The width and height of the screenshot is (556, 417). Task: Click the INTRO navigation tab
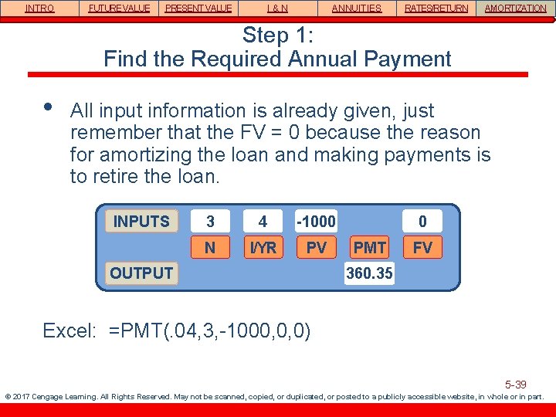(x=39, y=8)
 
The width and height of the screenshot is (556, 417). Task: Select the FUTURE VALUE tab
(x=119, y=8)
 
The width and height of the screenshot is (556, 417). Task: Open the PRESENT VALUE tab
(x=198, y=8)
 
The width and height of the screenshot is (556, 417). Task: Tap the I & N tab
(x=277, y=8)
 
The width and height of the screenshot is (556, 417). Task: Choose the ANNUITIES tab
(x=356, y=8)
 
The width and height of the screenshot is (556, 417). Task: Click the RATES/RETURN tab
(x=436, y=8)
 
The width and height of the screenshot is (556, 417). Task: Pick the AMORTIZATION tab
(x=515, y=8)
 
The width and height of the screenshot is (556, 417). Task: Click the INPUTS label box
(x=141, y=222)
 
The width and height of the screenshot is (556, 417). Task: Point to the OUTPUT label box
(x=141, y=273)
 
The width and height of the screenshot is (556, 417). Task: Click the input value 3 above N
(x=210, y=222)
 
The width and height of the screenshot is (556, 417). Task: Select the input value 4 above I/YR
(x=263, y=222)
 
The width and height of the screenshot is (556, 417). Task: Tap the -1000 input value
(x=317, y=222)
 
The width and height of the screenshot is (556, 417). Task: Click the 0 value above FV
(x=422, y=222)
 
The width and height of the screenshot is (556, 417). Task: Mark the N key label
(x=210, y=247)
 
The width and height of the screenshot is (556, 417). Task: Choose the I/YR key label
(x=263, y=247)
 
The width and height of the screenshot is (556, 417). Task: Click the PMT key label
(x=369, y=247)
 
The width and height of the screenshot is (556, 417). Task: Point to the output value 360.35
(x=369, y=273)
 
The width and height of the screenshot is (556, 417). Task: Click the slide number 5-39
(x=515, y=384)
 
